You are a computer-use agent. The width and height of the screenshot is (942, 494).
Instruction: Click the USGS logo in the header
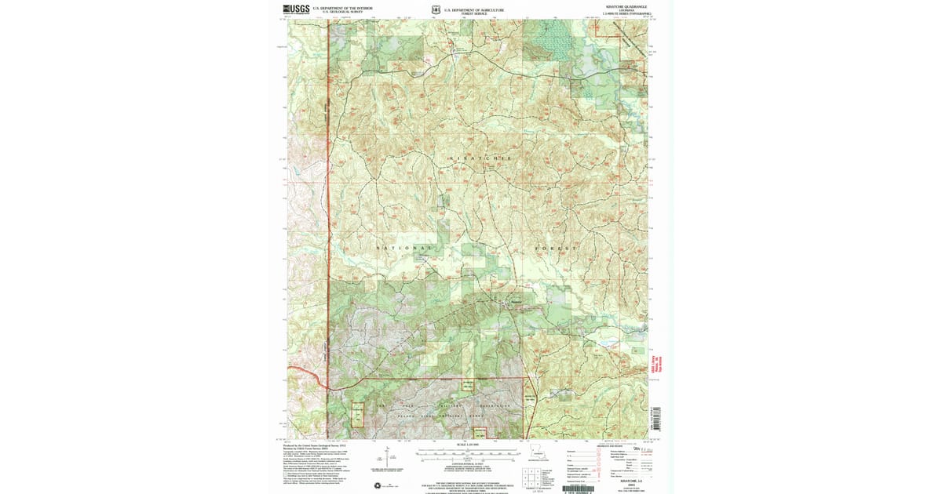tap(295, 10)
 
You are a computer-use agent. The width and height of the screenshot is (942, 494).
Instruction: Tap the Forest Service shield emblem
tap(436, 10)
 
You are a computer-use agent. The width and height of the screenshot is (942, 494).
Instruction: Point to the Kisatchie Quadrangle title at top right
tap(625, 6)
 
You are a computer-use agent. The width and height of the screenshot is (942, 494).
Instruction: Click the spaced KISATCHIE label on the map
tap(479, 158)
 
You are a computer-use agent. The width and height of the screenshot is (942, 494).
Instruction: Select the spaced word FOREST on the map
tap(556, 248)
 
